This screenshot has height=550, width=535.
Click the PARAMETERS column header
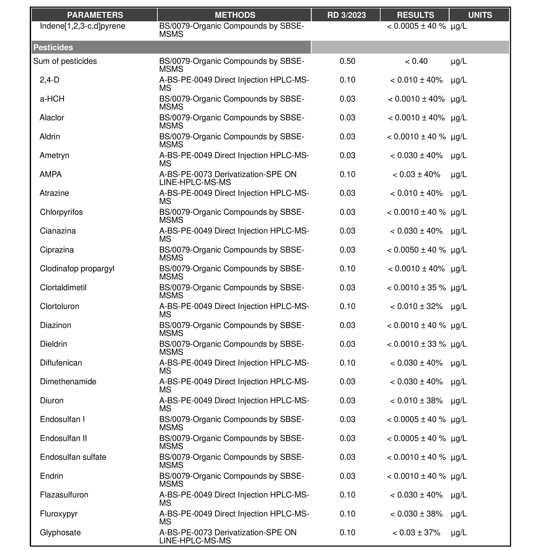pos(95,15)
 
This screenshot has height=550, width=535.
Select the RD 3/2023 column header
pos(346,15)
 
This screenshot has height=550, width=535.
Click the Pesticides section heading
pos(53,47)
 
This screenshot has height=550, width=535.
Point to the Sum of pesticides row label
pos(65,61)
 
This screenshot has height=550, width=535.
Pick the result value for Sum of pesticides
pos(416,61)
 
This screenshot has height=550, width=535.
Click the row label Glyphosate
pos(60,533)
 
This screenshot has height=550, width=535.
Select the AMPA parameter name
pos(50,174)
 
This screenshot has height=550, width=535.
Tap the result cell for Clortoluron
pos(416,306)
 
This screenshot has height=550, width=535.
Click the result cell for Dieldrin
pos(416,344)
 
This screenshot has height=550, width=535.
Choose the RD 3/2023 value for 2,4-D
pos(347,80)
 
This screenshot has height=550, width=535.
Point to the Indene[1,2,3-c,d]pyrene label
pos(82,26)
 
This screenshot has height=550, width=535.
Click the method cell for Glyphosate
pos(228,536)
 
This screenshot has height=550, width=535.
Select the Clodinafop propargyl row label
pos(77,269)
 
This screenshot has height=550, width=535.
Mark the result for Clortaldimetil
pos(416,287)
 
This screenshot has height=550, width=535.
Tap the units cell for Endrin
pos(459,476)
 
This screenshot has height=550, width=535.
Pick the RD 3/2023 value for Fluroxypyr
pos(347,514)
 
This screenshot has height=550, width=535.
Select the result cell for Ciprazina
pos(416,250)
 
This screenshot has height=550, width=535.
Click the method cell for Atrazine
pos(234,197)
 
